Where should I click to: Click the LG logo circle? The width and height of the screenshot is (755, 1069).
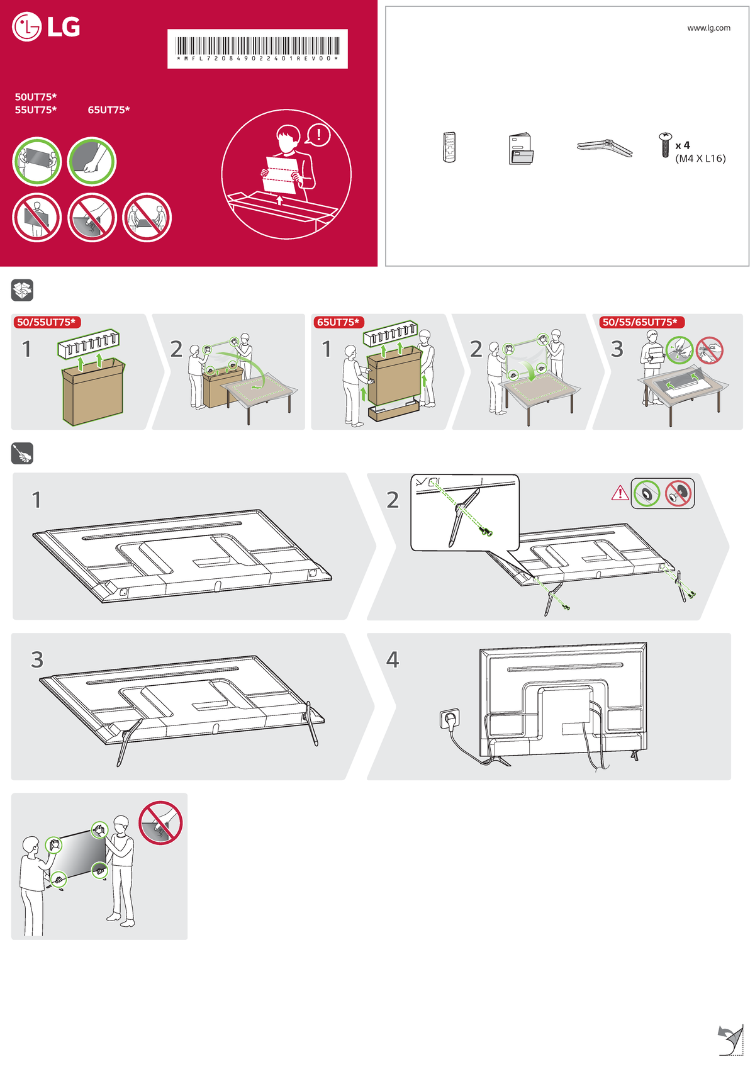[26, 27]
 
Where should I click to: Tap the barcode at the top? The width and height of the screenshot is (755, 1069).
[257, 46]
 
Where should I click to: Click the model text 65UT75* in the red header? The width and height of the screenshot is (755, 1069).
[109, 110]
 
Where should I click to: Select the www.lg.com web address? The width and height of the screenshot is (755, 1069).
[708, 28]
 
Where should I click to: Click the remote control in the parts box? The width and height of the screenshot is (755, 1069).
[449, 148]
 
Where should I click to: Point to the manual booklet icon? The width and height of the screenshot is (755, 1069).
[520, 149]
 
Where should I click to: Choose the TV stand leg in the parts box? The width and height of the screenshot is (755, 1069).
[604, 148]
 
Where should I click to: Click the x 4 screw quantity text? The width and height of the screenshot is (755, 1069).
[683, 145]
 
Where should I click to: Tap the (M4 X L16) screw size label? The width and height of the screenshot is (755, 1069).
[700, 159]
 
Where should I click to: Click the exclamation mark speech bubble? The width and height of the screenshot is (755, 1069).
[319, 135]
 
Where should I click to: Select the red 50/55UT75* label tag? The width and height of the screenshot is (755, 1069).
[46, 322]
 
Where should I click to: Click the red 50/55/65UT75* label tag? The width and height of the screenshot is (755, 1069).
[640, 322]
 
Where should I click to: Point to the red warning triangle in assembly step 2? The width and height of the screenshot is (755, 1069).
[620, 493]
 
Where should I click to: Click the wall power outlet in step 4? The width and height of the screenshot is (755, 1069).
[450, 719]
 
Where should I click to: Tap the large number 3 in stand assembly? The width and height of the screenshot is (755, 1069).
[37, 659]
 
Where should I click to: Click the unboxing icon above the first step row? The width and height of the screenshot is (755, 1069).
[22, 291]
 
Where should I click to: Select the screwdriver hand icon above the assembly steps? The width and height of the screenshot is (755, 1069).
[22, 454]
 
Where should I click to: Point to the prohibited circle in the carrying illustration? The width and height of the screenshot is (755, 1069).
[160, 822]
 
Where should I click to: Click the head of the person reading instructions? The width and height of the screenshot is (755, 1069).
[288, 136]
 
